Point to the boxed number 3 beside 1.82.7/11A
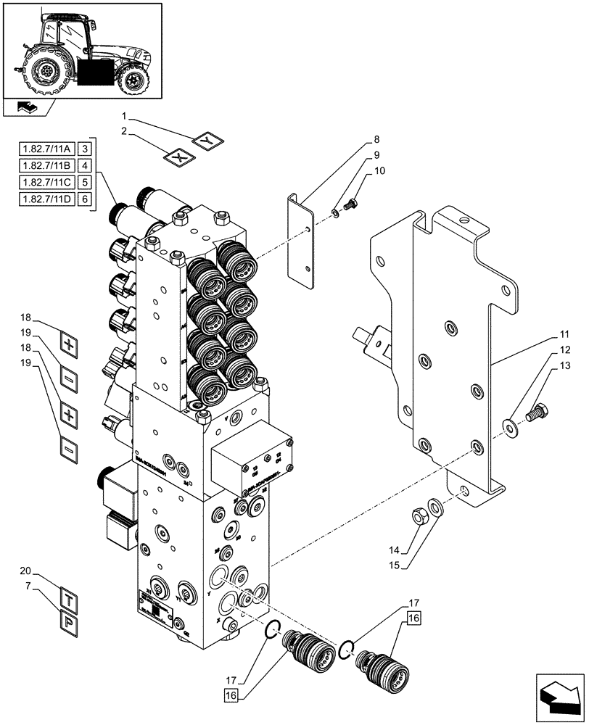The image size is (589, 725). (86, 148)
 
